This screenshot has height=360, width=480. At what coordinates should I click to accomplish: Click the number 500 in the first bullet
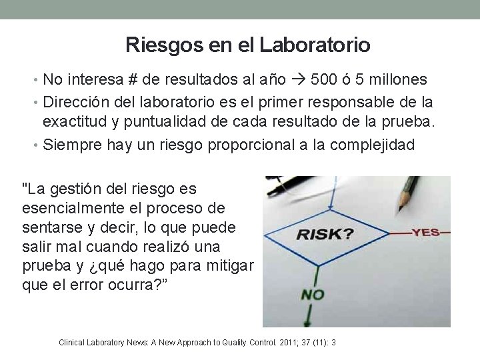coord(325,80)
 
